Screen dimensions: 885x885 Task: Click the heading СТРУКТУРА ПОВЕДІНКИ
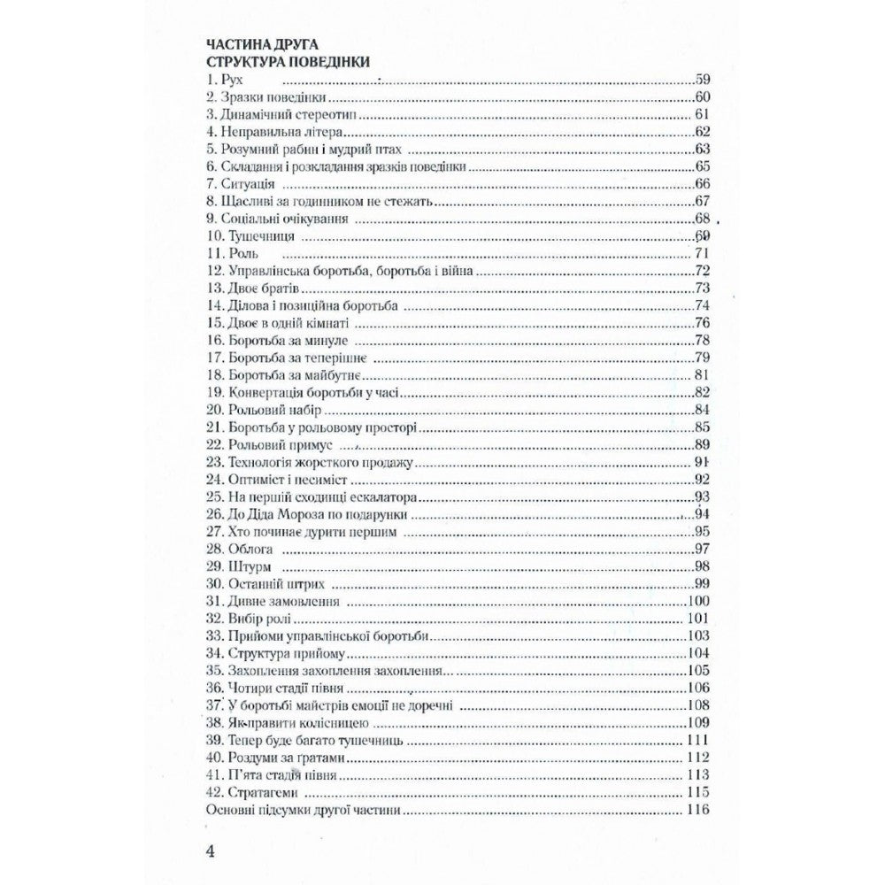coord(287,62)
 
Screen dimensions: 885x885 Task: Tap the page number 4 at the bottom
coord(210,851)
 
